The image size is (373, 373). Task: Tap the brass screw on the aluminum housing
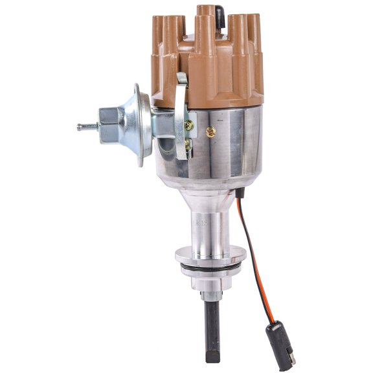pos(210,131)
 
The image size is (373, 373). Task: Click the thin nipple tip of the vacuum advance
pos(82,127)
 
